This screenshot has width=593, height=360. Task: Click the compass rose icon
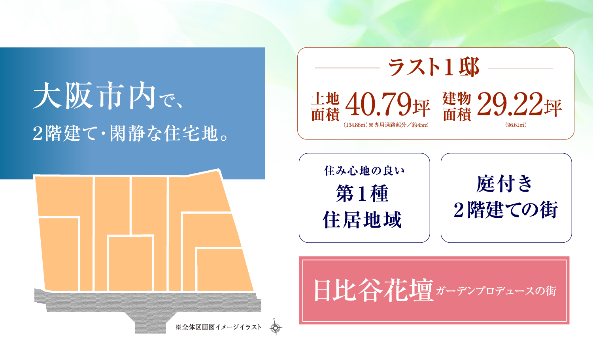(x=275, y=328)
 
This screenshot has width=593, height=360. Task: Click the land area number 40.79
(x=378, y=104)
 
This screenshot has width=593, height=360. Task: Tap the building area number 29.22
(x=510, y=104)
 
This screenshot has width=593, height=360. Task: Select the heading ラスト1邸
(x=434, y=67)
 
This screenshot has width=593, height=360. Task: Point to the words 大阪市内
(x=94, y=96)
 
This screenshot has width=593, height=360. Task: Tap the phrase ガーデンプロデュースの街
(x=496, y=290)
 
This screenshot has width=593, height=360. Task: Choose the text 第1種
(x=362, y=194)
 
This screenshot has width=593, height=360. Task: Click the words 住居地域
(x=362, y=220)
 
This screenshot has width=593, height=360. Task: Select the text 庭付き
(x=504, y=183)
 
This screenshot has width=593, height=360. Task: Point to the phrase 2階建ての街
(x=506, y=209)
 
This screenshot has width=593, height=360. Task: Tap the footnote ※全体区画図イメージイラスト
(x=218, y=327)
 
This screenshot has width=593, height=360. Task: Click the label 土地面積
(x=325, y=107)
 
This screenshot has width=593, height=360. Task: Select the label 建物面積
(x=457, y=107)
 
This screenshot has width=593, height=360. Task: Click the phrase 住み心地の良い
(x=364, y=171)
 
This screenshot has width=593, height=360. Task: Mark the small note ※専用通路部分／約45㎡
(x=398, y=125)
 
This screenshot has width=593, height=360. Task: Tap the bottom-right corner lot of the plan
(x=225, y=270)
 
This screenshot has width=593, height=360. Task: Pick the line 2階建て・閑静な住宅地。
(x=130, y=134)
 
